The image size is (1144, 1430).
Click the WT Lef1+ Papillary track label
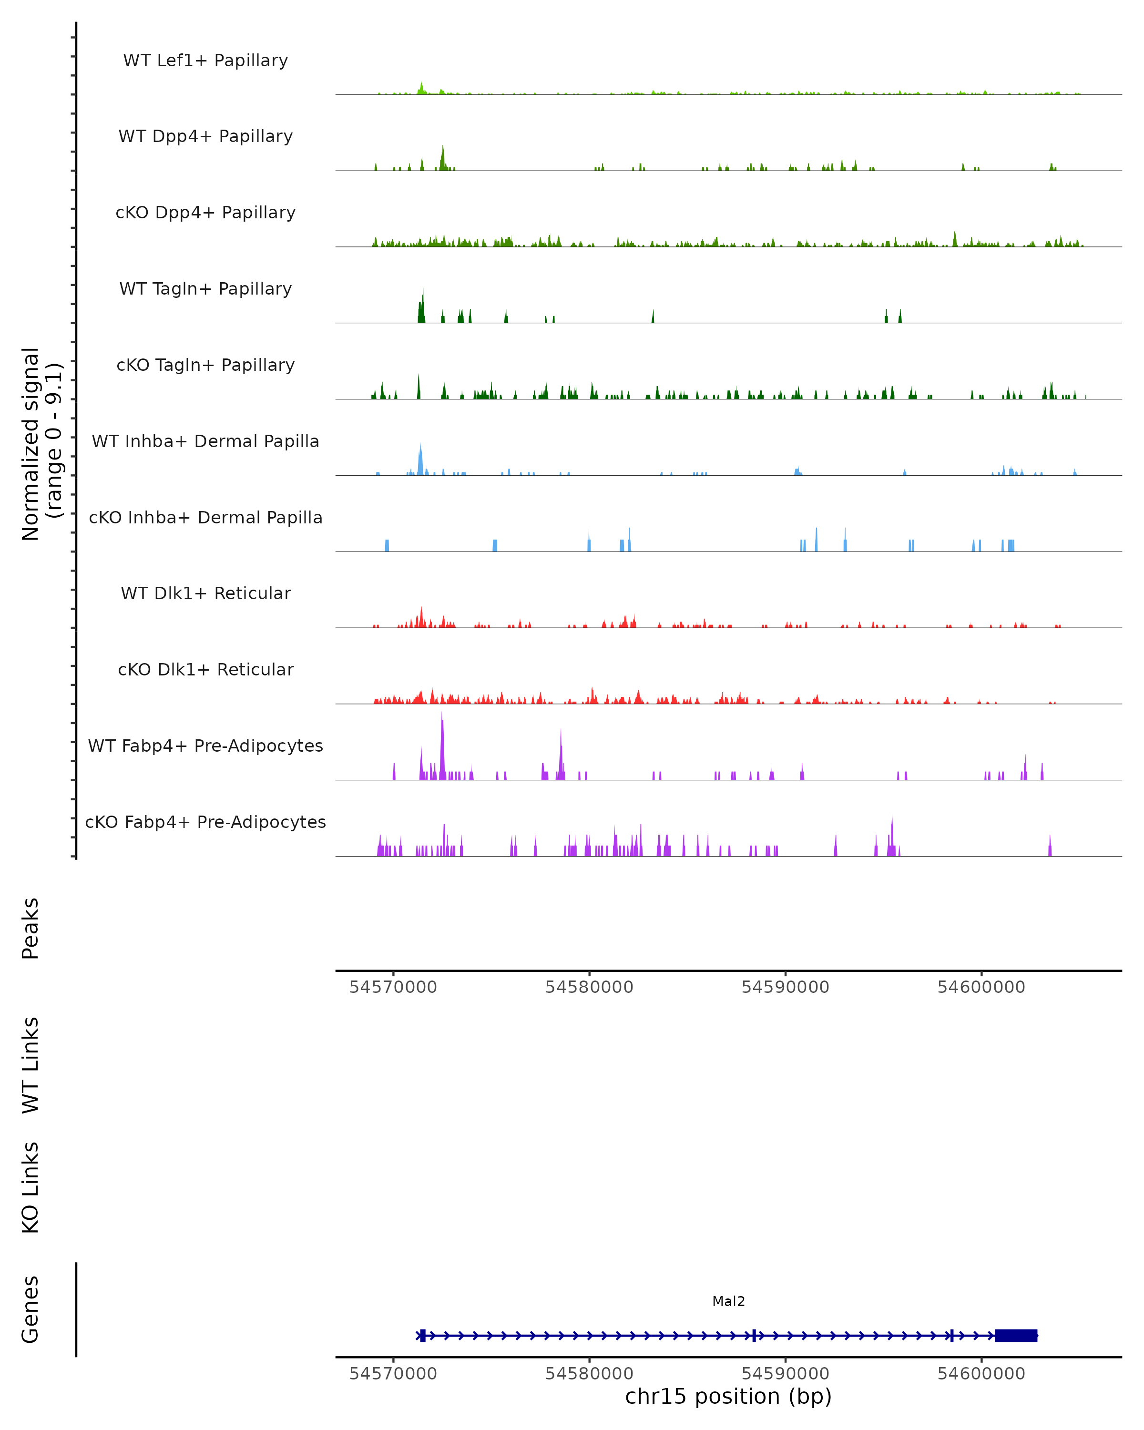(205, 61)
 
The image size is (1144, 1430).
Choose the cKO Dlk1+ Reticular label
(205, 669)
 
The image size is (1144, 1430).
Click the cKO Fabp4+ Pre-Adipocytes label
(205, 822)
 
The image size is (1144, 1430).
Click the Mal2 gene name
(728, 1301)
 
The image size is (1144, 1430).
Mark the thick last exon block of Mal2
(1015, 1335)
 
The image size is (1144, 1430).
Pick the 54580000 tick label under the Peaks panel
(589, 987)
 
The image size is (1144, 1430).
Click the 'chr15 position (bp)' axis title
(728, 1396)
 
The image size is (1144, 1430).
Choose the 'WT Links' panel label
(31, 1064)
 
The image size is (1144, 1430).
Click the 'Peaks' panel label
(31, 928)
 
